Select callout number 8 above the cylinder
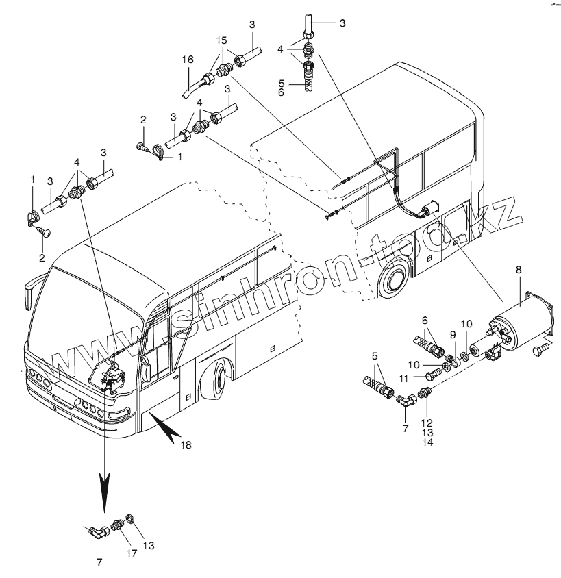tap(518, 271)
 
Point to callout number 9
tap(452, 335)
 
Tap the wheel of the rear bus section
tap(392, 278)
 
